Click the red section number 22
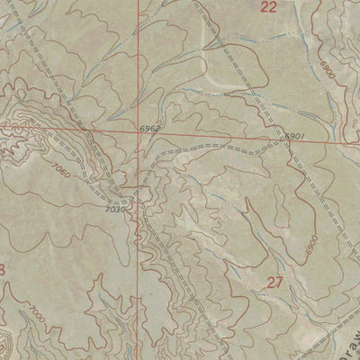(268, 7)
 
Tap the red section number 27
(275, 283)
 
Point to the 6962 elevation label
(150, 130)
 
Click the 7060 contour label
(60, 168)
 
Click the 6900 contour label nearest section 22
(325, 71)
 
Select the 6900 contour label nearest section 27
(311, 243)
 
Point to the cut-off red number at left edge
(3, 270)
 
